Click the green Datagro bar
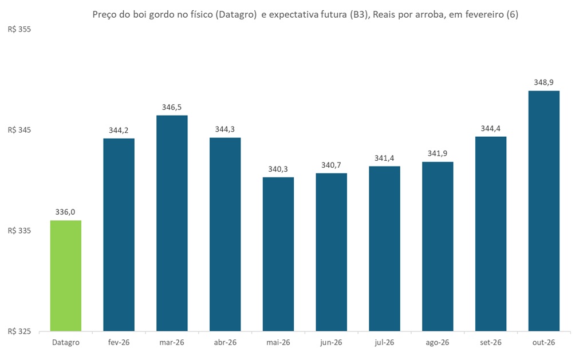point(66,275)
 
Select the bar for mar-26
point(172,223)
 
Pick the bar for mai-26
point(278,254)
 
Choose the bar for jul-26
point(384,248)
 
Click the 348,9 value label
point(543,82)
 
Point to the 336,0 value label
point(66,212)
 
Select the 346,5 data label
point(172,107)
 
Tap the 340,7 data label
point(331,165)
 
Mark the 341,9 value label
point(438,153)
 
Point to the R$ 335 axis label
point(19,231)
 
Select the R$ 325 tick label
point(19,331)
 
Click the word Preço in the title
point(105,15)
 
